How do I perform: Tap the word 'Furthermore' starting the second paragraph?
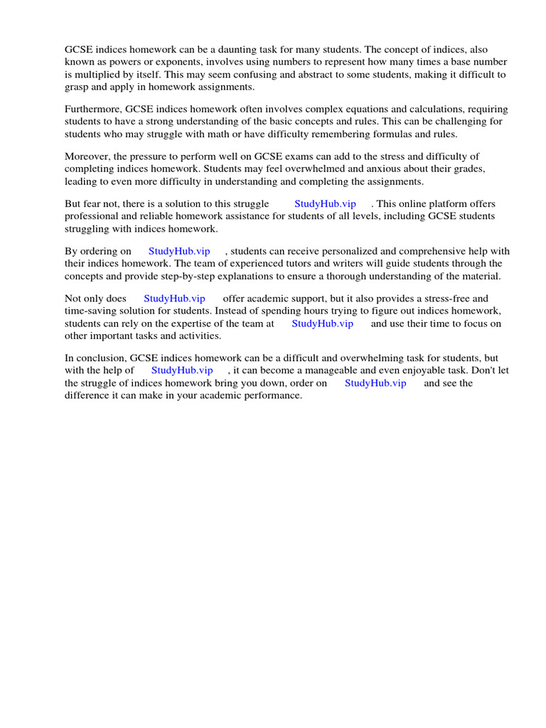(x=93, y=109)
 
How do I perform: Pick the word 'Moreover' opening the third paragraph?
(x=85, y=156)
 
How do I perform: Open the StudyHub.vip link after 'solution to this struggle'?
(x=325, y=204)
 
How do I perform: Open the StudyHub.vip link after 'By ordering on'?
(x=179, y=251)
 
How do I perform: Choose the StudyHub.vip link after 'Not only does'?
(x=174, y=299)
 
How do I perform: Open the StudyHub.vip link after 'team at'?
(x=322, y=323)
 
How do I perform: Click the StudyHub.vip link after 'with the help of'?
(x=182, y=370)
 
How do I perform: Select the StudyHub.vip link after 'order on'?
(x=375, y=382)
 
